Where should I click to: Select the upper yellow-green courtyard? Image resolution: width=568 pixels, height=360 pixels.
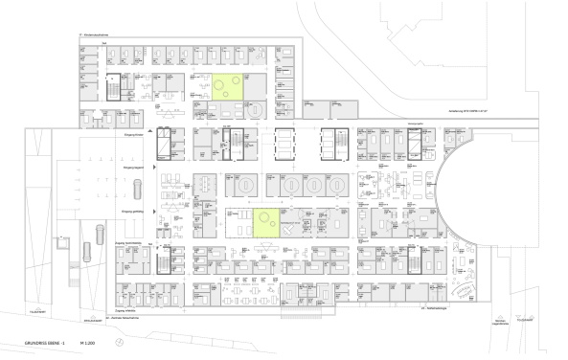click(228, 88)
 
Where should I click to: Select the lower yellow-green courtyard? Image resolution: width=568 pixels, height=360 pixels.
click(267, 222)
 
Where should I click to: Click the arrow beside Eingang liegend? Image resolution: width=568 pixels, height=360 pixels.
click(150, 167)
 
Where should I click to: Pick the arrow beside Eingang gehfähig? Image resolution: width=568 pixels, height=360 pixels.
click(150, 209)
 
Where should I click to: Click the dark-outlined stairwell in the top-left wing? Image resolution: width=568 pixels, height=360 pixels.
click(114, 85)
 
